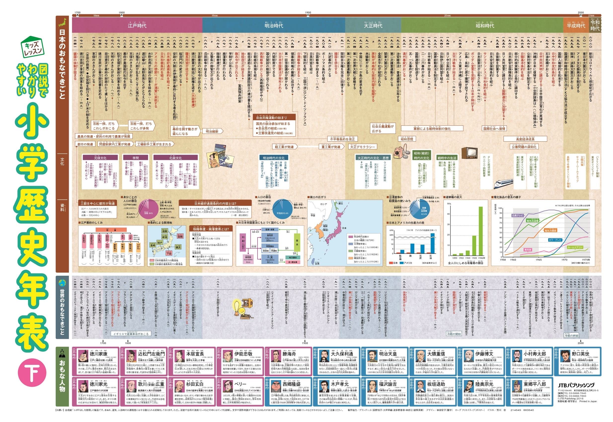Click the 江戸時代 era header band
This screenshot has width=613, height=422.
(x=137, y=25)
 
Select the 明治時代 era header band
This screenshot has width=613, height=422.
(x=274, y=25)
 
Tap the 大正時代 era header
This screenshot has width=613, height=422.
(x=373, y=25)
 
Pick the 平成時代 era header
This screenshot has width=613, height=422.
(x=576, y=25)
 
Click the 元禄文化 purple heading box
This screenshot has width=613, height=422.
(x=100, y=158)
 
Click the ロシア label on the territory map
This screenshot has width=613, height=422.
(x=324, y=204)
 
